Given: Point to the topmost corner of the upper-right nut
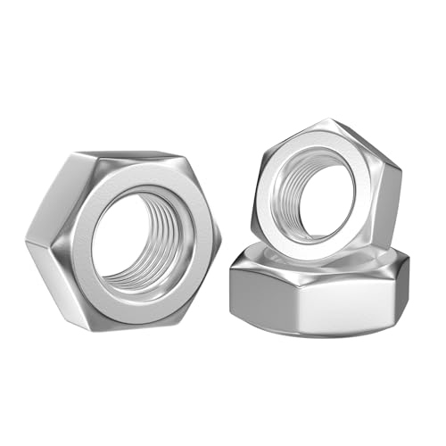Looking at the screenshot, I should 334,120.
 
